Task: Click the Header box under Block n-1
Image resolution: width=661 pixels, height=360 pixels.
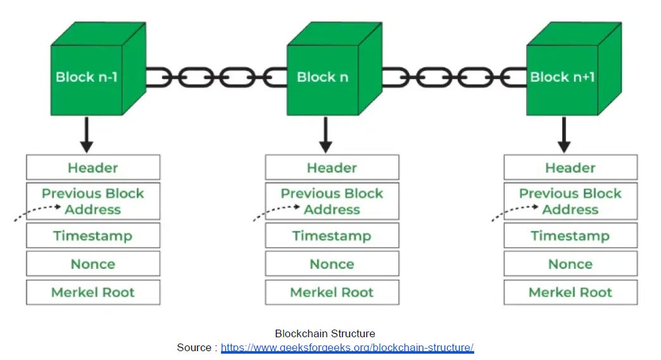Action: (93, 168)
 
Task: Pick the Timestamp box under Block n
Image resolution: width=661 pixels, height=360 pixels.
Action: (332, 235)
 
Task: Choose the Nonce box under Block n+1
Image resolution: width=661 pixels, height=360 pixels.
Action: (571, 264)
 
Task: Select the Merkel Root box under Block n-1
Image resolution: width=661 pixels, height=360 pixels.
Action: (93, 292)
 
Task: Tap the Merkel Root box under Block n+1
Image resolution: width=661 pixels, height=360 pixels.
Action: (571, 292)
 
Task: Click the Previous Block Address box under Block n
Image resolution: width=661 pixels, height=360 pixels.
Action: (332, 201)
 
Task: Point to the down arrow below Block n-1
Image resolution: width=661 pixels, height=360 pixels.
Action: (87, 135)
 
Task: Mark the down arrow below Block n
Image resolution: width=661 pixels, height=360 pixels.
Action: (325, 135)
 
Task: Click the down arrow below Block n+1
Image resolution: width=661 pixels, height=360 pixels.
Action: (564, 135)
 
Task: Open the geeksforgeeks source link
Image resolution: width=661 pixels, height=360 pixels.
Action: (348, 347)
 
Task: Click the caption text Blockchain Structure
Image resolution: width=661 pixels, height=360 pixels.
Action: (325, 333)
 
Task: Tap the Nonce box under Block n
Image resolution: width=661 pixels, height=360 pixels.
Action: (332, 264)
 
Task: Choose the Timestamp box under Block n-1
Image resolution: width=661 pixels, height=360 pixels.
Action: (93, 235)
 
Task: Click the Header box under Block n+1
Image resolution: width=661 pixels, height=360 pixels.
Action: (571, 168)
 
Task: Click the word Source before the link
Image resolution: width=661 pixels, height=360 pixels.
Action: (194, 347)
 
